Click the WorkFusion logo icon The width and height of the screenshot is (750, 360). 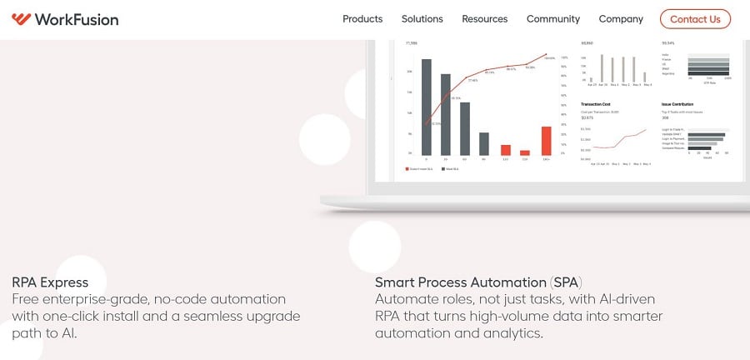(22, 19)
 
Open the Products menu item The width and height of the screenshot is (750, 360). (362, 19)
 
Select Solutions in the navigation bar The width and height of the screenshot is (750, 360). (422, 19)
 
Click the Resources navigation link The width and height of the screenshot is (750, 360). (484, 19)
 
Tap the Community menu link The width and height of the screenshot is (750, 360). (552, 19)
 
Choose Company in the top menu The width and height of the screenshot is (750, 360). (621, 19)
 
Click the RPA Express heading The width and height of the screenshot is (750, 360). (50, 282)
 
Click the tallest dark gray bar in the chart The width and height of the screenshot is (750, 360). (426, 107)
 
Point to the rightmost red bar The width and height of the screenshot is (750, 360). (547, 140)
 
